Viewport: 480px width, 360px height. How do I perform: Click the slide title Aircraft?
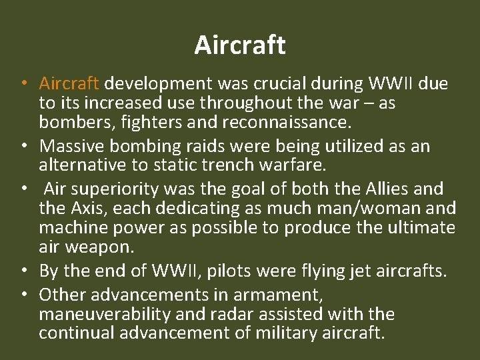click(x=240, y=45)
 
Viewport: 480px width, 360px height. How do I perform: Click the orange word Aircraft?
click(x=69, y=84)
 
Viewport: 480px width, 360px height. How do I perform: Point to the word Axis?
click(x=86, y=209)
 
